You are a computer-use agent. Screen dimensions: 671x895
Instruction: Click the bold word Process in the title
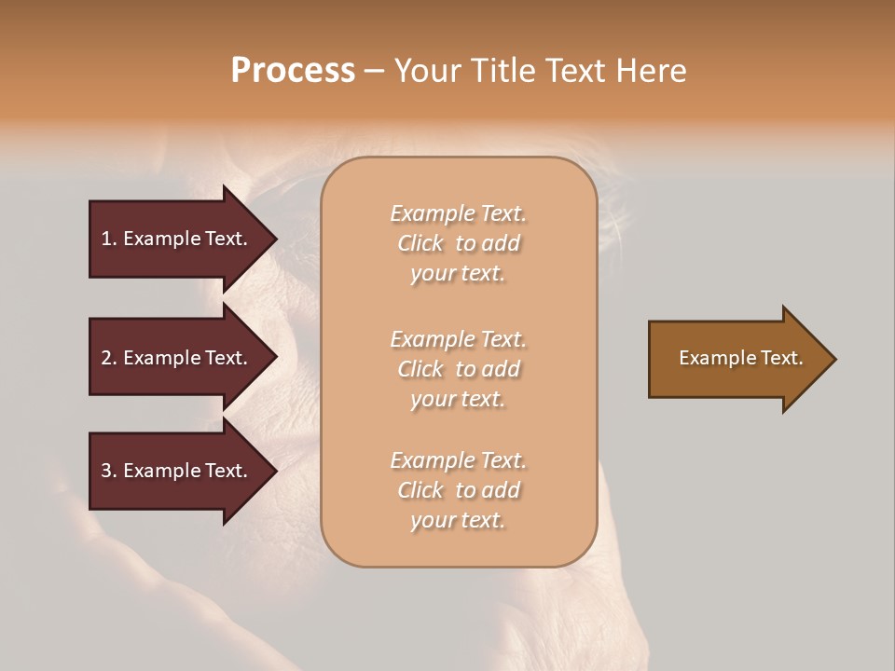[x=293, y=71]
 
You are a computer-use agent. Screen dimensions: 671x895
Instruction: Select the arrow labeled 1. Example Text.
[x=177, y=239]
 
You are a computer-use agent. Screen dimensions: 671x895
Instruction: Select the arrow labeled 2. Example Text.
[x=177, y=358]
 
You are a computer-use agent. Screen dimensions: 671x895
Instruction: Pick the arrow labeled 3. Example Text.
[x=177, y=471]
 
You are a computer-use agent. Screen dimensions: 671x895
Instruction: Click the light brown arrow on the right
[x=737, y=358]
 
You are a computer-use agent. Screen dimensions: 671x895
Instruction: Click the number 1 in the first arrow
[x=106, y=239]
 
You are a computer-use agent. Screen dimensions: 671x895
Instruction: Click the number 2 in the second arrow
[x=106, y=358]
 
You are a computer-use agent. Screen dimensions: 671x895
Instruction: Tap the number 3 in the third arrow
[x=106, y=471]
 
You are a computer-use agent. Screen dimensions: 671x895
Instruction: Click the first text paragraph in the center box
[x=458, y=243]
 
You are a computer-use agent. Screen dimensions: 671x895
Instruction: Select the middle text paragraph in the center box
[x=458, y=369]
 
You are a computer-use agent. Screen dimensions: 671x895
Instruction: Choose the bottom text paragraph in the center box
[x=458, y=490]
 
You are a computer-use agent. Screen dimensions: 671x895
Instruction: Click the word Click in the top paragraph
[x=420, y=243]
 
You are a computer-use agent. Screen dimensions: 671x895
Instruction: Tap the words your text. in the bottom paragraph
[x=458, y=520]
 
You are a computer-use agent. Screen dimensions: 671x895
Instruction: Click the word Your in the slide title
[x=426, y=71]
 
